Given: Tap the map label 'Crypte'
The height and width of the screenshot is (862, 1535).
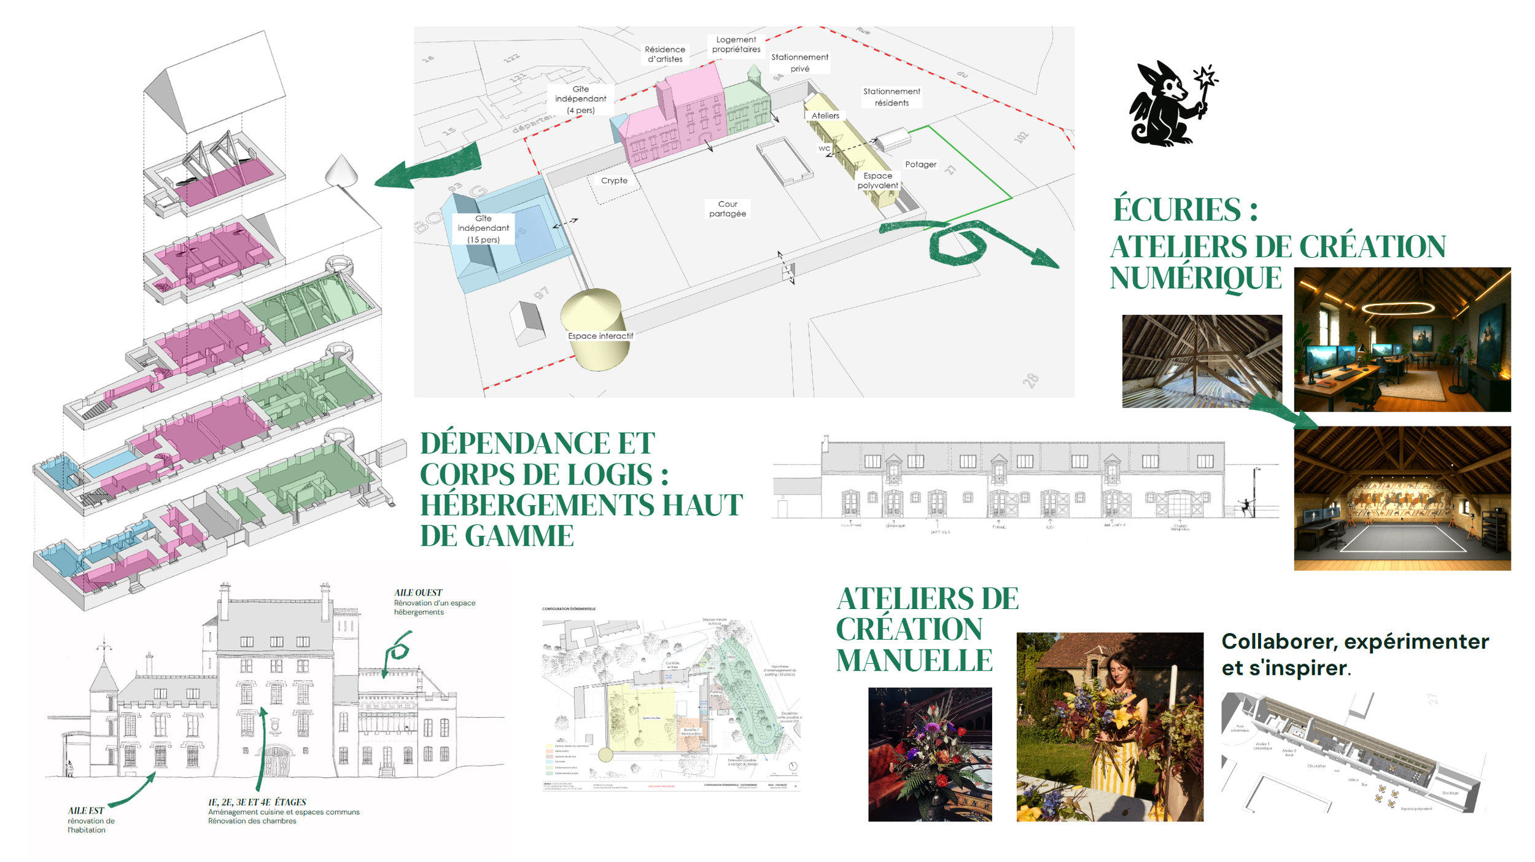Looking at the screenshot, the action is pyautogui.click(x=614, y=181).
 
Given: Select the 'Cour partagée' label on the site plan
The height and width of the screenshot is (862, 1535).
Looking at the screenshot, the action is pyautogui.click(x=728, y=209).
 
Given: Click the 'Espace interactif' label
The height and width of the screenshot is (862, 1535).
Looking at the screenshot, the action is pyautogui.click(x=600, y=336).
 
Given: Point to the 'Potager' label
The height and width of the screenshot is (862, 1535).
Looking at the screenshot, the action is pyautogui.click(x=920, y=165).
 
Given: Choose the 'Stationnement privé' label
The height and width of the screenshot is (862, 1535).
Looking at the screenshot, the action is pyautogui.click(x=799, y=63).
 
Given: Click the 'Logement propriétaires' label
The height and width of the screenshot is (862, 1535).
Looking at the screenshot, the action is pyautogui.click(x=736, y=44).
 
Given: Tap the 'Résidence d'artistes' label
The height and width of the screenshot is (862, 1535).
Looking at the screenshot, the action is pyautogui.click(x=665, y=54).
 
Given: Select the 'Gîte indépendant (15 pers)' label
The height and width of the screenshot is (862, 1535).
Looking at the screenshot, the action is pyautogui.click(x=483, y=229).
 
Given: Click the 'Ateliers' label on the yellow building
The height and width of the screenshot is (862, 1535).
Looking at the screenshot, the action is pyautogui.click(x=825, y=115).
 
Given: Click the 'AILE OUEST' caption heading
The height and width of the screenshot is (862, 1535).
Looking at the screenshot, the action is pyautogui.click(x=418, y=592).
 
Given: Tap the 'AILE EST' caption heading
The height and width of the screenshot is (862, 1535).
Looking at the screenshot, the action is pyautogui.click(x=85, y=810).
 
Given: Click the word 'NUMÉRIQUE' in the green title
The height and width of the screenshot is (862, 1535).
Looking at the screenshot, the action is pyautogui.click(x=1195, y=278).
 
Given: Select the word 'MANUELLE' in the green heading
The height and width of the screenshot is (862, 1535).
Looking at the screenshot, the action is pyautogui.click(x=914, y=661).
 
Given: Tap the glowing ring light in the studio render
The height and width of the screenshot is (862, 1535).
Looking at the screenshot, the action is pyautogui.click(x=1397, y=308).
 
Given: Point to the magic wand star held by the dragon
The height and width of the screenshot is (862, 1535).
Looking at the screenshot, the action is pyautogui.click(x=1205, y=77).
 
